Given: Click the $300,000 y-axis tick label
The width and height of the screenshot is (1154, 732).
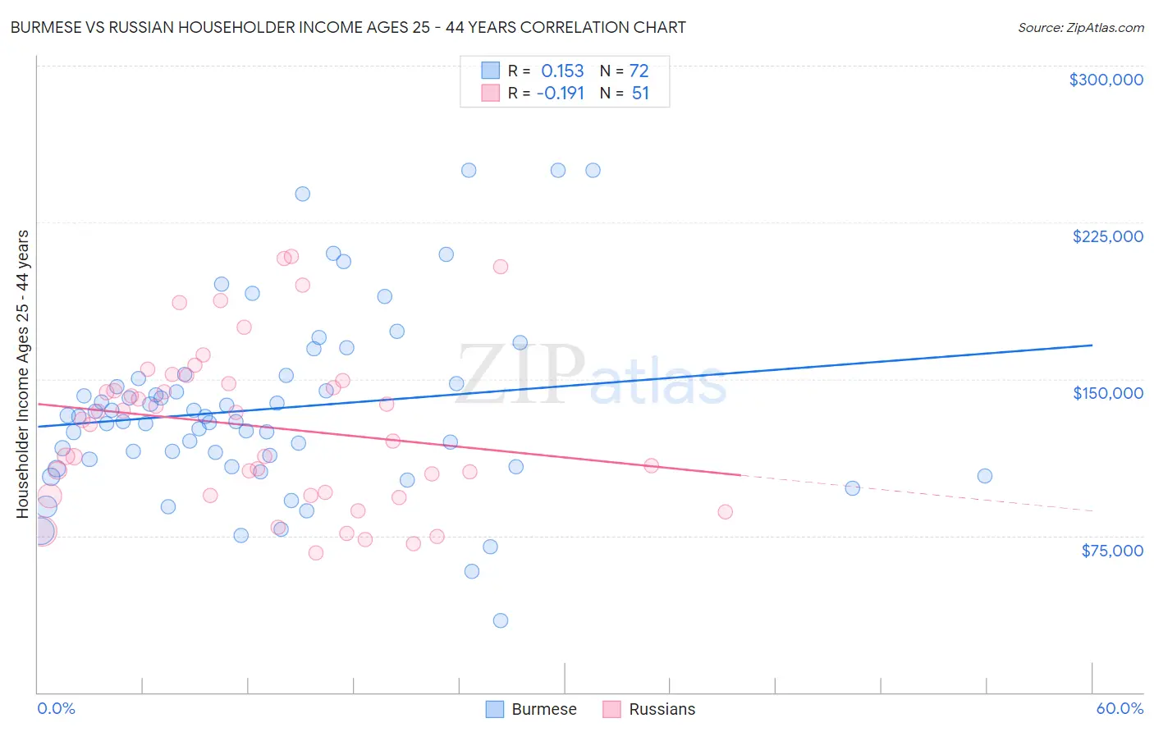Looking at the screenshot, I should pos(1106,80).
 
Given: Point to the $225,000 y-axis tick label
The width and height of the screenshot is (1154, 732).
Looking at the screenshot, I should pos(1107,236).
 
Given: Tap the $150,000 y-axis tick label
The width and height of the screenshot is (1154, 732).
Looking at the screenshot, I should pos(1107,393).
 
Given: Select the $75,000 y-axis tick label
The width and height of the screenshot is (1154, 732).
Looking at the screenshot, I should pos(1111,551).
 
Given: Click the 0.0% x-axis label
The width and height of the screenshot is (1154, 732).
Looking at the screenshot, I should pos(56,708).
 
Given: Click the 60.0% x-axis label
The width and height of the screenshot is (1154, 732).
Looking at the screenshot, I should pos(1119,708).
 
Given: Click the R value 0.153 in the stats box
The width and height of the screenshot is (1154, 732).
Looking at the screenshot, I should pos(562,71).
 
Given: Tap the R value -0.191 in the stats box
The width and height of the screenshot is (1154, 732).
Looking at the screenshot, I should pos(560,94).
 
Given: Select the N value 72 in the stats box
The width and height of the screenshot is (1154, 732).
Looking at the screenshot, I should pos(639,71).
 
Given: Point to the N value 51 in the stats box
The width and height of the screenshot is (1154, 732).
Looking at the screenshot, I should pos(640,94).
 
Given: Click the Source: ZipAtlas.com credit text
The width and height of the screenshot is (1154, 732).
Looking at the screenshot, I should pos(1080,27).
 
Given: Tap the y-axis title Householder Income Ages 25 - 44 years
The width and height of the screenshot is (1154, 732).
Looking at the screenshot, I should pos(22,373).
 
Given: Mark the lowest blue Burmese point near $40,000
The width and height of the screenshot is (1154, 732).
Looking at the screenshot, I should pos(500,620).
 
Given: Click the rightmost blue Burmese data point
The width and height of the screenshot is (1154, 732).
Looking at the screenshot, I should pos(985,476).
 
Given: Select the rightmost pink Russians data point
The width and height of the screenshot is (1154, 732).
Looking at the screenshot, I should pos(725,512).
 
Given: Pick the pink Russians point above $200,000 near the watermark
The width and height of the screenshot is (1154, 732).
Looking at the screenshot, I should pos(500,267).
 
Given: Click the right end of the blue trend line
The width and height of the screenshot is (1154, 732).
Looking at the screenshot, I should pos(1092,345).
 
